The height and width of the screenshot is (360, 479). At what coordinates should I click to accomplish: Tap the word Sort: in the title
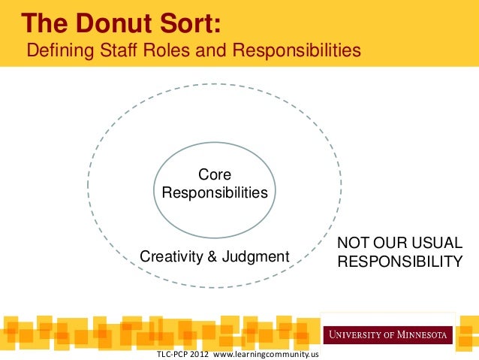pyautogui.click(x=188, y=23)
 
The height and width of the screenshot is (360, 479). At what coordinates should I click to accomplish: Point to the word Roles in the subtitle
pyautogui.click(x=158, y=51)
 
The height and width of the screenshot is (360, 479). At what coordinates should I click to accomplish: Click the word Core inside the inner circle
pyautogui.click(x=215, y=175)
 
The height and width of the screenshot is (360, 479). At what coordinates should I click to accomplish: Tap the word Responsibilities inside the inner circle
pyautogui.click(x=215, y=193)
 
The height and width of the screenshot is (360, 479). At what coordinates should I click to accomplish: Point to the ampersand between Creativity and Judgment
pyautogui.click(x=212, y=257)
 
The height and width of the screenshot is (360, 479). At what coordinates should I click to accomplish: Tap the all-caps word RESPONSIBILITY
pyautogui.click(x=399, y=262)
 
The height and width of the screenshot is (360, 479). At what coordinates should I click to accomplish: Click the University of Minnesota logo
pyautogui.click(x=387, y=333)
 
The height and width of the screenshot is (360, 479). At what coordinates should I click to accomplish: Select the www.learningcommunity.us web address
pyautogui.click(x=267, y=354)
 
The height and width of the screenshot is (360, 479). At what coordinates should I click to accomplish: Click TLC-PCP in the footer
pyautogui.click(x=172, y=354)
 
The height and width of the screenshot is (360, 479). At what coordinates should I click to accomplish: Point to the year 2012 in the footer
pyautogui.click(x=202, y=354)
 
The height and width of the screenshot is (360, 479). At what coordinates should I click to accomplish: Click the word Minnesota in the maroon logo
pyautogui.click(x=421, y=334)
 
